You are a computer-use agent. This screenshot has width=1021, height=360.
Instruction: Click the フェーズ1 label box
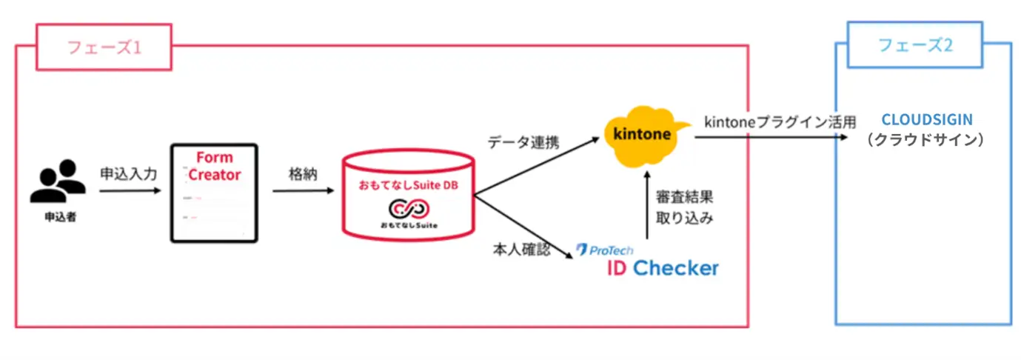(x=104, y=47)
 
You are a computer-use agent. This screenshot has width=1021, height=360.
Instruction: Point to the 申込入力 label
(x=129, y=175)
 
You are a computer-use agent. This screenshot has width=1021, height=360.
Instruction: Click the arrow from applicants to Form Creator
(x=130, y=191)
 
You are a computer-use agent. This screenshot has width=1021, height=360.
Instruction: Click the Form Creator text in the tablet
(x=215, y=167)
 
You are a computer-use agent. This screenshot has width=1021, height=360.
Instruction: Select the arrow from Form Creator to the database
(x=303, y=191)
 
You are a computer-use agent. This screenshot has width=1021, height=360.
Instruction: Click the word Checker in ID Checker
(x=675, y=267)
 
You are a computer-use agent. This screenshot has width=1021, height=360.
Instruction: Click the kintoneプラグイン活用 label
(x=780, y=121)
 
